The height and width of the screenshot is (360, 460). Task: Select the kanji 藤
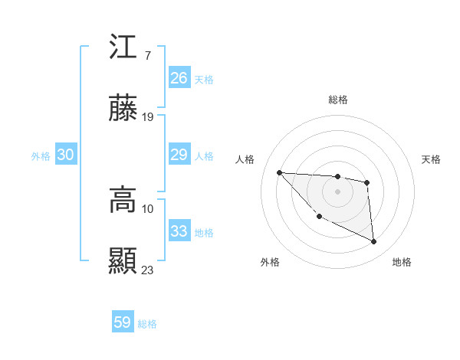[123, 110]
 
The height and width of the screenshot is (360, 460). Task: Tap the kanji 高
[123, 201]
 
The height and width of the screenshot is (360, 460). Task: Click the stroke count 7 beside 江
[147, 55]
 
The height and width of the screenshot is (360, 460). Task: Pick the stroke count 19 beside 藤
[149, 117]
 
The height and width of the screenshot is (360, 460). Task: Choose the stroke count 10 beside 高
[148, 208]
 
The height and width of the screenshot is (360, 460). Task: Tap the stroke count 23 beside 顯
[148, 270]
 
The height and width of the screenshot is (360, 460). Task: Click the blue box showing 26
[179, 77]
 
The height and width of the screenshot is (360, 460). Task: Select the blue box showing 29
[179, 155]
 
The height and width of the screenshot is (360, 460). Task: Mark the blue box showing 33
[179, 231]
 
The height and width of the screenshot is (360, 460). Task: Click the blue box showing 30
[66, 155]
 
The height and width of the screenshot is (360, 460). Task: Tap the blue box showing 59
[123, 322]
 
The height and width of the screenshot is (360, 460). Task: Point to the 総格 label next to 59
[147, 324]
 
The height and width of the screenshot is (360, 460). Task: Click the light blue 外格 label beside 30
[41, 155]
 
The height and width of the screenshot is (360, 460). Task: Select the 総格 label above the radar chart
[338, 100]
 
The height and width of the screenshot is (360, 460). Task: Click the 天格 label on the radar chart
[432, 159]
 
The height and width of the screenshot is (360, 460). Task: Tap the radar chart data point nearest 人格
[279, 172]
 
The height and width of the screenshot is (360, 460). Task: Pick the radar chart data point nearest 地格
[374, 242]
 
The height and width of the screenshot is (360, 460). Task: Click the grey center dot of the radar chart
[337, 191]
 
